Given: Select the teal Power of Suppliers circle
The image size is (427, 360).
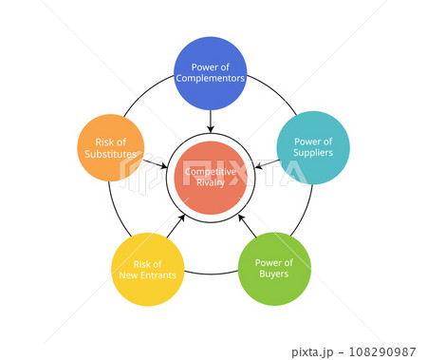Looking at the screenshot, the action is pos(313,147).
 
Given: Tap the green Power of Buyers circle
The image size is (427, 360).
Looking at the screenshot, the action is pos(274,269).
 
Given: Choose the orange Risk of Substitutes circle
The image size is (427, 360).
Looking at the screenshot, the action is pos(110,147).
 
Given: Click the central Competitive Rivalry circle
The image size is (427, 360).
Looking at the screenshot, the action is pos(211,178).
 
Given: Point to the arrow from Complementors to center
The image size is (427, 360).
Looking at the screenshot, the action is pos(211,121).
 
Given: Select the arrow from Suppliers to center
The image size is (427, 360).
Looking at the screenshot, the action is pos(269,163).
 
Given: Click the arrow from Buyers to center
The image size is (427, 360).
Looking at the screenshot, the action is pos(246,225).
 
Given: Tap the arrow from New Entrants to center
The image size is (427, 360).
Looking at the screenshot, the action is pos(176,226).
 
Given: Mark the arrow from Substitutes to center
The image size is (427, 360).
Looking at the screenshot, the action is pos(153,163).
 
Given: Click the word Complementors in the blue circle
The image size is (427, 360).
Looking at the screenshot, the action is pos(211,79).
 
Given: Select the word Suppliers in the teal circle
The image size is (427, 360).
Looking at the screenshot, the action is pos(313,153).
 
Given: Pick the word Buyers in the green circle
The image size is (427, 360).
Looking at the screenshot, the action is pos(274,275).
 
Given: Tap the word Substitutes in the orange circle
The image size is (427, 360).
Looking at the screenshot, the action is pos(110,153).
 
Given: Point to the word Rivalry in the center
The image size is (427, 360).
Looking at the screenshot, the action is pos(211,183).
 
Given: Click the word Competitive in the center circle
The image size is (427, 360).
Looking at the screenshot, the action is pos(211,172).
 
